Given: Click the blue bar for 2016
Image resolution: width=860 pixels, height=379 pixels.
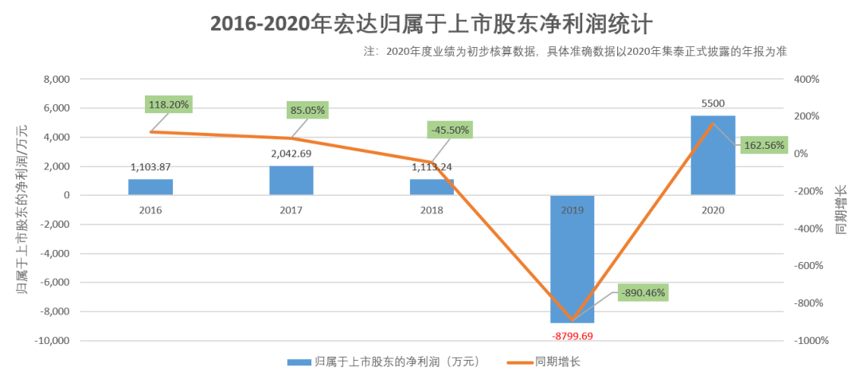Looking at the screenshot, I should click(x=150, y=187).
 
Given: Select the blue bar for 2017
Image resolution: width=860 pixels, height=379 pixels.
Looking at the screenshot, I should click(x=291, y=181).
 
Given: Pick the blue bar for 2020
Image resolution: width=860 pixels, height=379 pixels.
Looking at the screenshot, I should click(x=713, y=155).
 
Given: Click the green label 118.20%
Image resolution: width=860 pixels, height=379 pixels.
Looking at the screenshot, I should click(x=169, y=104).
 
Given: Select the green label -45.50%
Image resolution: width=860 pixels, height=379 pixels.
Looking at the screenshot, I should click(x=448, y=129).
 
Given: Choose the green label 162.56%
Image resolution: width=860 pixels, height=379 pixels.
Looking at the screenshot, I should click(x=764, y=146).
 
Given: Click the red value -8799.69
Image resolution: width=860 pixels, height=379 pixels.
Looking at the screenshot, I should click(x=573, y=335).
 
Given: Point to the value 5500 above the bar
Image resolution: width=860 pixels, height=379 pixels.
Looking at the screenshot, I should click(x=713, y=103).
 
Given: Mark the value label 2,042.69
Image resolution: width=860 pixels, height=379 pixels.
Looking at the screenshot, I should click(x=291, y=153).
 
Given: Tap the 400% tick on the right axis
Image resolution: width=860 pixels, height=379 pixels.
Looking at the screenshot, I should click(x=807, y=80).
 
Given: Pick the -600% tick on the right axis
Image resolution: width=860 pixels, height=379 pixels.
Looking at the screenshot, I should click(x=809, y=266).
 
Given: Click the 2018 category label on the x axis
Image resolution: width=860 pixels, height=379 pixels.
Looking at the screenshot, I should click(x=432, y=211).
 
